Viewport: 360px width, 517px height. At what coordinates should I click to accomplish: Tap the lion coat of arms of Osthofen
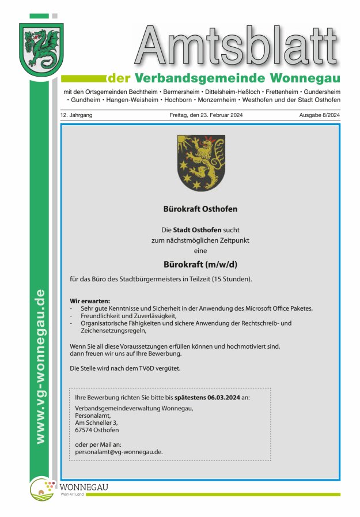(x=200, y=163)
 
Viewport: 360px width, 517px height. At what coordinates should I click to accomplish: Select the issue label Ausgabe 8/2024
(x=319, y=115)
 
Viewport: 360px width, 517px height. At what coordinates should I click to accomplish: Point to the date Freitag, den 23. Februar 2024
(x=206, y=115)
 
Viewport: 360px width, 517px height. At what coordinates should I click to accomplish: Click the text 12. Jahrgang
(x=76, y=115)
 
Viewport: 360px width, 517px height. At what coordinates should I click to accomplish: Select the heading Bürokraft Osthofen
(x=200, y=209)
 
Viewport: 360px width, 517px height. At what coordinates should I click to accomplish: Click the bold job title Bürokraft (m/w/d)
(x=200, y=265)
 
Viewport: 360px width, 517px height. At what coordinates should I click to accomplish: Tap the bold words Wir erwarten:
(x=89, y=301)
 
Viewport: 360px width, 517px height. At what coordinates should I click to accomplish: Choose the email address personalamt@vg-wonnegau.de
(x=119, y=452)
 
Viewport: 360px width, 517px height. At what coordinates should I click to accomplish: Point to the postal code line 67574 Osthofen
(x=97, y=430)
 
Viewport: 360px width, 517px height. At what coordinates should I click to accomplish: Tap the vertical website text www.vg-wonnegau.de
(x=39, y=366)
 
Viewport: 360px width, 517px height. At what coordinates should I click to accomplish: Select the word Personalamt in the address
(x=93, y=415)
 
